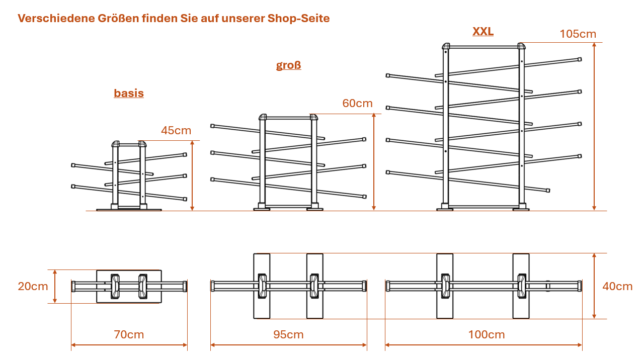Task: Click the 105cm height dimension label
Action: [578, 34]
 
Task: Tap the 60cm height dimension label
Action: [357, 104]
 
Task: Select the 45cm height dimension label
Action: [176, 131]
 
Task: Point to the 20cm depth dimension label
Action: [33, 287]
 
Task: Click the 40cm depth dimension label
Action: [617, 287]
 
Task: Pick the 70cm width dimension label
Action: [129, 335]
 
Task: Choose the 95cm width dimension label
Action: [288, 335]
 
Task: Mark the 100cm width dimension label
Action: [487, 335]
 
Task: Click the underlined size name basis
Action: [129, 94]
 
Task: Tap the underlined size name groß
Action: [288, 65]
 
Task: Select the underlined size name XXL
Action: [483, 32]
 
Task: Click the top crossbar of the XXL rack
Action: [484, 47]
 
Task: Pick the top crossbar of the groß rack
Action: [288, 118]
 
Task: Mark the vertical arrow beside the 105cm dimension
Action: [594, 126]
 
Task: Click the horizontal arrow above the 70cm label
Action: [129, 345]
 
